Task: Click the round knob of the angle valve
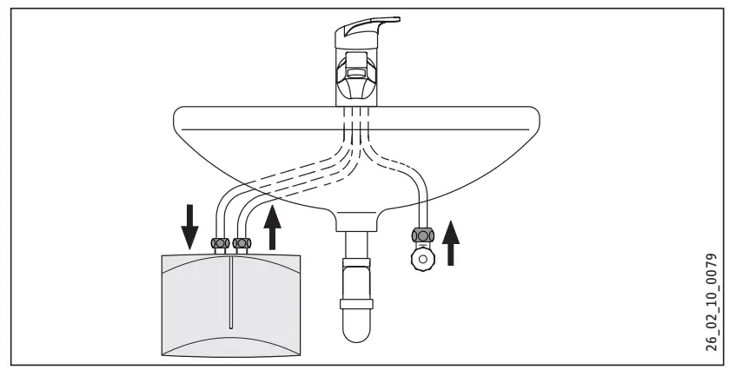(422, 259)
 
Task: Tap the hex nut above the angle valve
(422, 236)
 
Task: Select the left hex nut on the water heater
(221, 244)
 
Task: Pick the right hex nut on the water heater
(243, 244)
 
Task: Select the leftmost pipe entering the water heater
(215, 217)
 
